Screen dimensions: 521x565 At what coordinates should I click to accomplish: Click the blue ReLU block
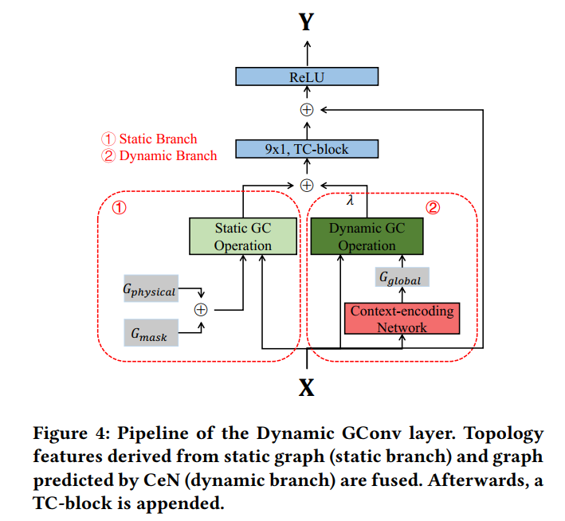306,77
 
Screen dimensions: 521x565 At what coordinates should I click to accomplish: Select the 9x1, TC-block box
306,149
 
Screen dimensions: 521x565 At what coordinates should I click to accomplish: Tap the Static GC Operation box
243,237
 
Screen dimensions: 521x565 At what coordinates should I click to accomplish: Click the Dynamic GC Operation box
367,237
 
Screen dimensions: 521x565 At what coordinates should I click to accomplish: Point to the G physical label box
149,291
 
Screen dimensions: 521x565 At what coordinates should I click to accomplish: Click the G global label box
402,278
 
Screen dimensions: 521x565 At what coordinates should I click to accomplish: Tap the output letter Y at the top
306,22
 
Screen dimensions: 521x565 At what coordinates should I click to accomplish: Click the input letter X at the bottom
306,388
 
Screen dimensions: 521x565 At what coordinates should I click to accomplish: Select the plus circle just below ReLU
306,110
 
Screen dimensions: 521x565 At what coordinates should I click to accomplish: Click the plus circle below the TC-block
306,185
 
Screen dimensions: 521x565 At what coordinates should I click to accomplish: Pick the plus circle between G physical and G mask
201,309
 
